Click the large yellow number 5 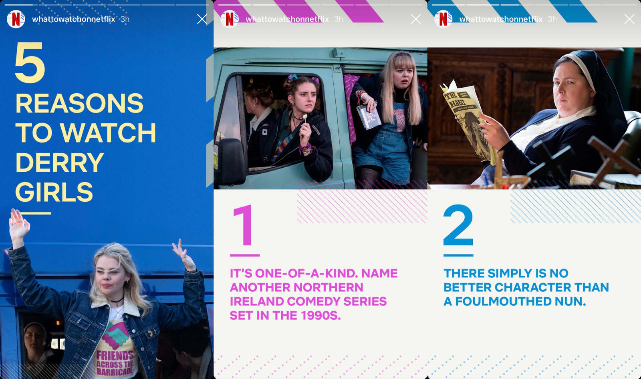[30, 62]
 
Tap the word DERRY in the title [59, 162]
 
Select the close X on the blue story [202, 19]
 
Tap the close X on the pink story [415, 19]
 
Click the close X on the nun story [629, 19]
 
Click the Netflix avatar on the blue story [16, 19]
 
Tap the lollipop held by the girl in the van [305, 117]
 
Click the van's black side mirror [231, 162]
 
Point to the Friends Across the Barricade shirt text [115, 363]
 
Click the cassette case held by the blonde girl [369, 116]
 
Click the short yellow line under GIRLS [36, 213]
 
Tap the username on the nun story [501, 19]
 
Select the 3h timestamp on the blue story [125, 19]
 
